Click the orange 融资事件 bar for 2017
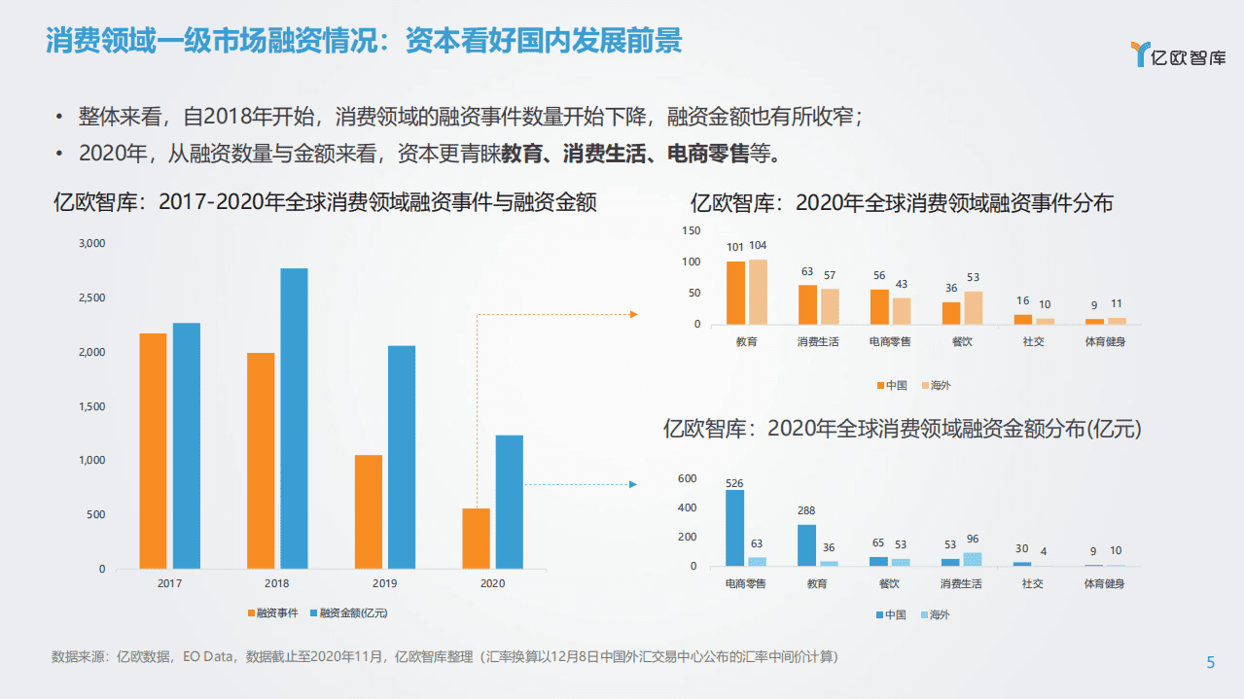tap(153, 451)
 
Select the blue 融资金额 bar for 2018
tap(294, 418)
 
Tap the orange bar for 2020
tap(476, 539)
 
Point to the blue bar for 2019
tap(402, 457)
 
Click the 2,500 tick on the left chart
tap(91, 297)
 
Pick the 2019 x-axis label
tap(385, 583)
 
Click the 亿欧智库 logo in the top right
tap(1179, 55)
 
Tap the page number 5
tap(1211, 663)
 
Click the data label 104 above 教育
tap(759, 246)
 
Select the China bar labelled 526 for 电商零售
tap(734, 528)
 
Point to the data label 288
tap(806, 511)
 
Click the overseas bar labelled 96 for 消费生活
tap(972, 559)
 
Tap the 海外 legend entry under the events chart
tap(934, 386)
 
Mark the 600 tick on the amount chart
tap(688, 479)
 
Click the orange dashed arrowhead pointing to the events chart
tap(633, 314)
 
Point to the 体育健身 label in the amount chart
tap(1105, 584)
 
